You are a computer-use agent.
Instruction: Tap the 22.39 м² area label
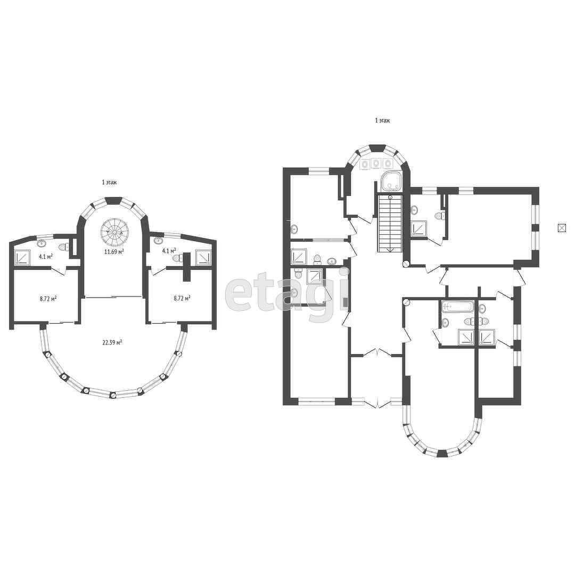click(112, 342)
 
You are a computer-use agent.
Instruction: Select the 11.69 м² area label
click(114, 251)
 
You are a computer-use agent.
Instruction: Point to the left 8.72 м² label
click(48, 299)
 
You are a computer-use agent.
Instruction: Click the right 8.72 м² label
click(182, 298)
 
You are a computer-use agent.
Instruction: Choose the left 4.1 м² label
click(46, 256)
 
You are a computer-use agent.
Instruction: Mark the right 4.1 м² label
click(169, 251)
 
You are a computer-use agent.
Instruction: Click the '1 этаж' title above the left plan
click(109, 182)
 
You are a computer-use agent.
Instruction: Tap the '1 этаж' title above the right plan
click(382, 120)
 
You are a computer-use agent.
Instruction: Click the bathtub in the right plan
click(458, 306)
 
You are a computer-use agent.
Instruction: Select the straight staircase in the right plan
click(390, 223)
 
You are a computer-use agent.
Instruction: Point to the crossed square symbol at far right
click(562, 228)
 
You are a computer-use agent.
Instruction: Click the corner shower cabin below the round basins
click(391, 181)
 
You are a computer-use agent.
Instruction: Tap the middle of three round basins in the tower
click(376, 163)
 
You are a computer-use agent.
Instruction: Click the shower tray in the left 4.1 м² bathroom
click(22, 257)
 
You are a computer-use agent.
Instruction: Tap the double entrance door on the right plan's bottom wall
click(376, 402)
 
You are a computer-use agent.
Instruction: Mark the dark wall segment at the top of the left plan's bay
click(113, 200)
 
